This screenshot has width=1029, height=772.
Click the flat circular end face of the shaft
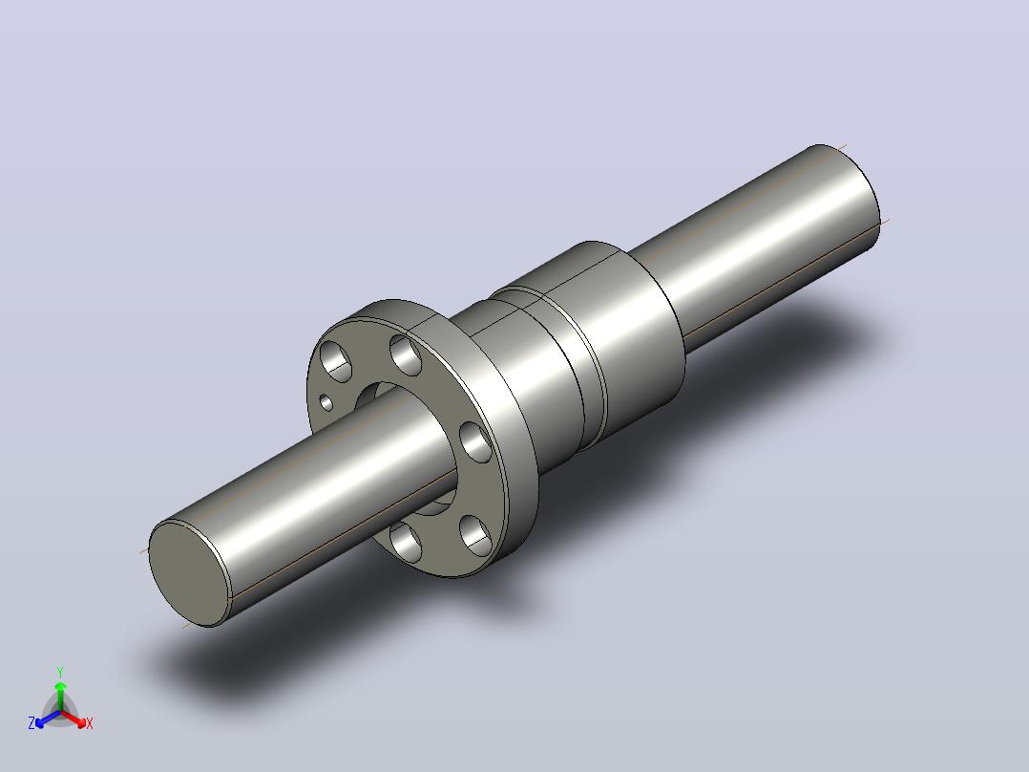click(x=190, y=573)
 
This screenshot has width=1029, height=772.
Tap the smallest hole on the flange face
click(x=326, y=402)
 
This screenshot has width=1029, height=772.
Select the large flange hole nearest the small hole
click(x=335, y=361)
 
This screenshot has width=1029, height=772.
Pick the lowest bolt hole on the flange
click(x=406, y=542)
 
